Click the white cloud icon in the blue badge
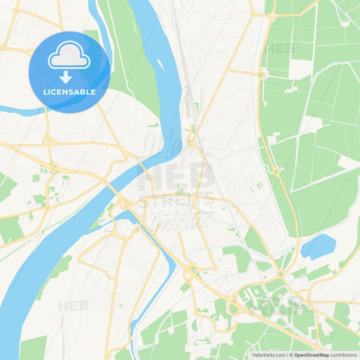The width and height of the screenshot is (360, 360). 69,55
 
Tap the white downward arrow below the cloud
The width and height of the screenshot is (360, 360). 66,77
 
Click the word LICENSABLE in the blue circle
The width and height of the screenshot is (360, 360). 69,92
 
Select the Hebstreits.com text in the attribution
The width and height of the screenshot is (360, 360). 269,355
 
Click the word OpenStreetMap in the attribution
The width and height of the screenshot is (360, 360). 311,355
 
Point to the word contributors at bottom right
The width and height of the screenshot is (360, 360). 343,355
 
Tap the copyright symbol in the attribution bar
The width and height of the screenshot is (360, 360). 291,355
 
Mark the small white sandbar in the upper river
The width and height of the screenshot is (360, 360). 161,65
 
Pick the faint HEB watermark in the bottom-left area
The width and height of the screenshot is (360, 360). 73,306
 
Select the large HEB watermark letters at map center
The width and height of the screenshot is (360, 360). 174,176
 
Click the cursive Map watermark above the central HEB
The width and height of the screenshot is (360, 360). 169,143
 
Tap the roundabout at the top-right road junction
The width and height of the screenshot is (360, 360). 272,16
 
